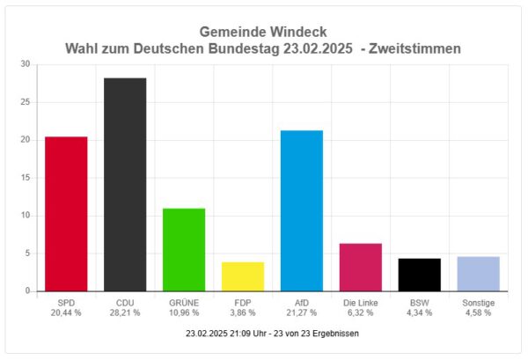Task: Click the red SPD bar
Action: [66, 214]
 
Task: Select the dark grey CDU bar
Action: [125, 185]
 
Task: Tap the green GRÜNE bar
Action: [184, 250]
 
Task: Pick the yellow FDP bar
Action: [243, 276]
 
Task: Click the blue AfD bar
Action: [302, 211]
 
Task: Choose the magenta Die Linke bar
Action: [361, 268]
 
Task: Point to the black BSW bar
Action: [420, 275]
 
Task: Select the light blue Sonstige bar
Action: [479, 274]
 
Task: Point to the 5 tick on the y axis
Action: [27, 253]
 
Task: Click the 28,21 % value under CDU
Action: [125, 312]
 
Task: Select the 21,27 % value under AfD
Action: [302, 312]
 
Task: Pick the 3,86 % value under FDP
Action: [243, 312]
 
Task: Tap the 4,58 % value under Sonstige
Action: [479, 312]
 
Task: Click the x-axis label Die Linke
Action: [361, 302]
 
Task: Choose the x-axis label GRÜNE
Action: [184, 302]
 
